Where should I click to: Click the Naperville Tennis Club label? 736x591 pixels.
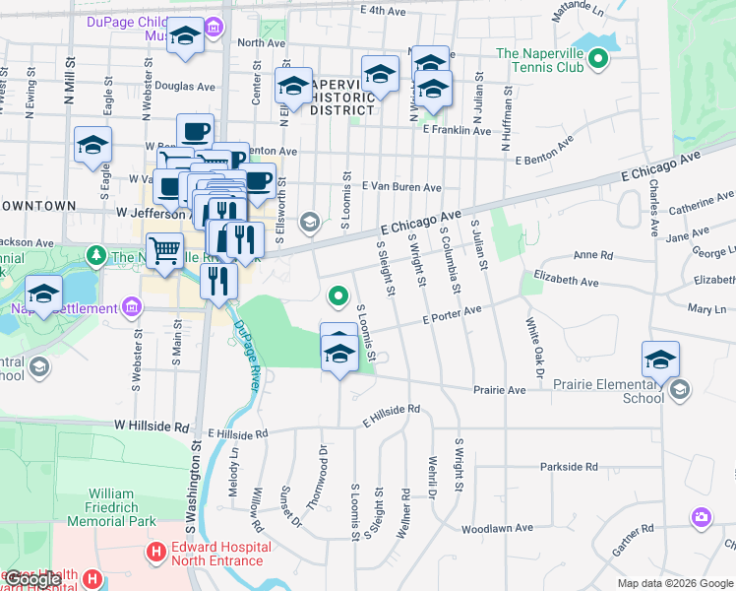540,60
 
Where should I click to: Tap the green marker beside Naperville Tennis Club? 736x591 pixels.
598,62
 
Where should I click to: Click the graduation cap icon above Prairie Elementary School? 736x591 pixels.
661,359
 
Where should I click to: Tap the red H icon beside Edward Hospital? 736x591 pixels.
154,554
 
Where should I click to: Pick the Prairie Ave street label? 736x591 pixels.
500,389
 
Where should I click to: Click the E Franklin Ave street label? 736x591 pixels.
457,130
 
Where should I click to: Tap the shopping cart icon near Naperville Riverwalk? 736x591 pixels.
164,250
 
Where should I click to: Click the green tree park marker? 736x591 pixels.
96,256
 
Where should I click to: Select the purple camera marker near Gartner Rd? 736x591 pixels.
701,516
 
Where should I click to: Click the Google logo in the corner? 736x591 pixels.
33,580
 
